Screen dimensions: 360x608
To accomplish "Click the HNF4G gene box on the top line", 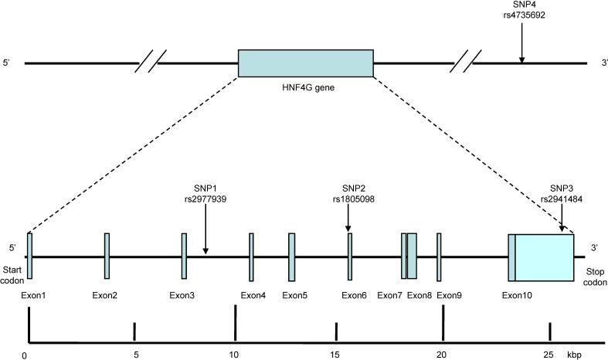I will coord(305,63).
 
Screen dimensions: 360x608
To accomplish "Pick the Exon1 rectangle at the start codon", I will coord(29,256).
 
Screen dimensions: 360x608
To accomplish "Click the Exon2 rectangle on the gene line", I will coord(107,256).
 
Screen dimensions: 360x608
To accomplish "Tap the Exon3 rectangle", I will coord(184,256).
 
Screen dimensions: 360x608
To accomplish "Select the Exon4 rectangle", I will coord(251,256).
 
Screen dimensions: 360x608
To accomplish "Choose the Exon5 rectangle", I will coord(291,256).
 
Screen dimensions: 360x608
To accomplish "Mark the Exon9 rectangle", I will coord(439,256).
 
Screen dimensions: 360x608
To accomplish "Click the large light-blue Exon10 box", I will coord(544,256).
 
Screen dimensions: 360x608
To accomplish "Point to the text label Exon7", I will coord(389,295).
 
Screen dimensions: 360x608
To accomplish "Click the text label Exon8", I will coord(419,295).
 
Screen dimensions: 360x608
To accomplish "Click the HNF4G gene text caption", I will coord(305,88).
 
